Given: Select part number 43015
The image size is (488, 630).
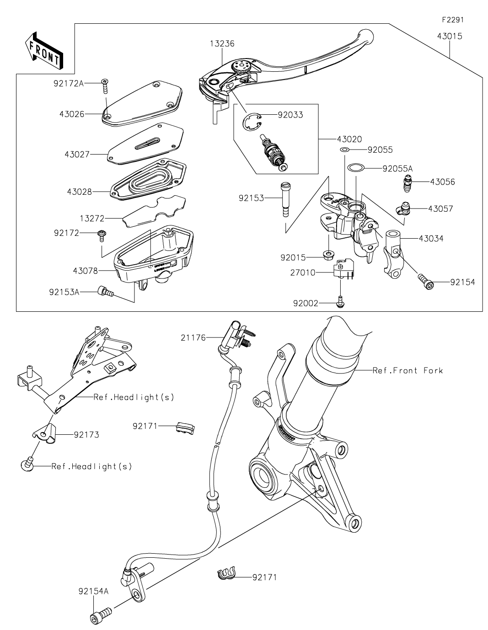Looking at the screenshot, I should pos(449,36).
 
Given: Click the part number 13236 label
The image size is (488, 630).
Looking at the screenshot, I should pos(222,44).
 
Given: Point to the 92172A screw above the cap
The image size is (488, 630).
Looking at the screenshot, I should pos(106,85).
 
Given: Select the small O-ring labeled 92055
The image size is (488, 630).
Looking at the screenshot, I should pos(345,150).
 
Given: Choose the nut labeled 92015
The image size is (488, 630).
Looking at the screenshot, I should pos(328,255).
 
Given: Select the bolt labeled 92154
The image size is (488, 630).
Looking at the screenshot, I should pos(425,282).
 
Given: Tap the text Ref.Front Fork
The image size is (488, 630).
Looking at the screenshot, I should pos(408,370).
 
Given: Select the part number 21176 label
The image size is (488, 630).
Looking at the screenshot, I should pos(193,337).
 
